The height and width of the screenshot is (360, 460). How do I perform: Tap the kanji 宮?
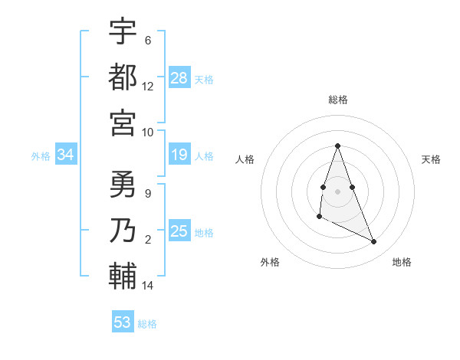click(123, 122)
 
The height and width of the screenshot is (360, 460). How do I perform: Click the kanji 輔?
click(123, 276)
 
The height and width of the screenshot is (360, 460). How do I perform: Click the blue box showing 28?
click(179, 78)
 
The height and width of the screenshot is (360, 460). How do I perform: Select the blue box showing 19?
click(179, 155)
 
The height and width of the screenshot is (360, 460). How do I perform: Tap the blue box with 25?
click(179, 232)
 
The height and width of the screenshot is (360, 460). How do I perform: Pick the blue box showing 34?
click(66, 155)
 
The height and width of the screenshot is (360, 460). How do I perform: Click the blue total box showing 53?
click(123, 322)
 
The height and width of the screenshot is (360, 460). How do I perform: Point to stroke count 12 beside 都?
click(148, 86)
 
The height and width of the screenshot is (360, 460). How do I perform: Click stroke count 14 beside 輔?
click(148, 286)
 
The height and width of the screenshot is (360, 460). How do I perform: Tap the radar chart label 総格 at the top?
click(338, 100)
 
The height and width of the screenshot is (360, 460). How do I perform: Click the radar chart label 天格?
click(432, 159)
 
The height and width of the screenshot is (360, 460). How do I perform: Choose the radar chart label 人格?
click(245, 159)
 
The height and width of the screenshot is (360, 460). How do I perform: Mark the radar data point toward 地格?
click(374, 242)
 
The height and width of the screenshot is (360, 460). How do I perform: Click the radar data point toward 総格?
click(338, 146)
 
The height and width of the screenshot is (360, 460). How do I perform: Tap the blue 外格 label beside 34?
click(41, 156)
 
